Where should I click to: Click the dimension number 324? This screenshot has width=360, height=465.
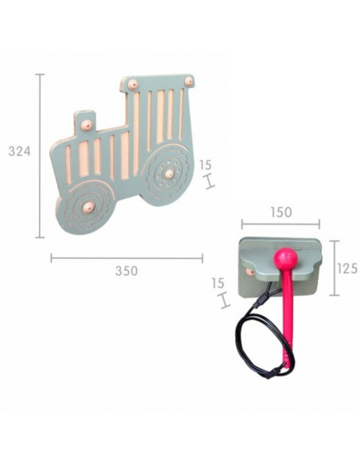click(19, 151)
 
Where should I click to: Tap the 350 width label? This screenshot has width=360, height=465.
click(126, 271)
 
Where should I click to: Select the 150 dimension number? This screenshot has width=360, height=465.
click(280, 213)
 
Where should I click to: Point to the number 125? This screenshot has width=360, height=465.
click(346, 268)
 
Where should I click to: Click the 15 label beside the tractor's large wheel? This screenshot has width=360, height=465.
click(205, 165)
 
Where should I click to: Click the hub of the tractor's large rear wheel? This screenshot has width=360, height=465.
click(168, 172)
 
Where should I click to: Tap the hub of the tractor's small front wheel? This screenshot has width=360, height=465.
click(88, 206)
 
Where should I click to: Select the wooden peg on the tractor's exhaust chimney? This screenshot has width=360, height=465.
click(86, 124)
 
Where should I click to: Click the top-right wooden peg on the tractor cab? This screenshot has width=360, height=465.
click(189, 81)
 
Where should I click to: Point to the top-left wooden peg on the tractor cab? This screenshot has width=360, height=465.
click(133, 84)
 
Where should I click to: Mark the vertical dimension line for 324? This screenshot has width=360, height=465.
click(41, 155)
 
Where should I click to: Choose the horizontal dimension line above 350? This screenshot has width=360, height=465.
click(126, 257)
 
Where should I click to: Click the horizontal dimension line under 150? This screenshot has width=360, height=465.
click(280, 225)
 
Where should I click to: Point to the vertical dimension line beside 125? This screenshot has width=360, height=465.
click(332, 268)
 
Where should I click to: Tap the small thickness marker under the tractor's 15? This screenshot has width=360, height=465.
click(209, 182)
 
